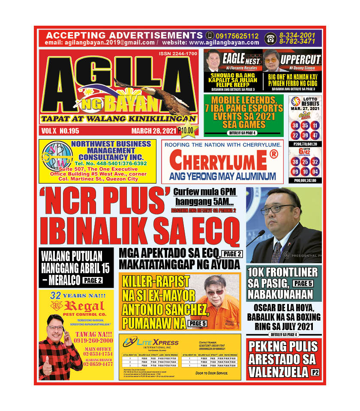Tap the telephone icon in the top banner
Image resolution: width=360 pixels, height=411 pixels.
point(270,39)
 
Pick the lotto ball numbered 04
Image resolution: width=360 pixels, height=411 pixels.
point(315,172)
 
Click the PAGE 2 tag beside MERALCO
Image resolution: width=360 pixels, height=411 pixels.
point(92,280)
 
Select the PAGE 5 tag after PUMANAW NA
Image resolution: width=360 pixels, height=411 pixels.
point(198,324)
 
